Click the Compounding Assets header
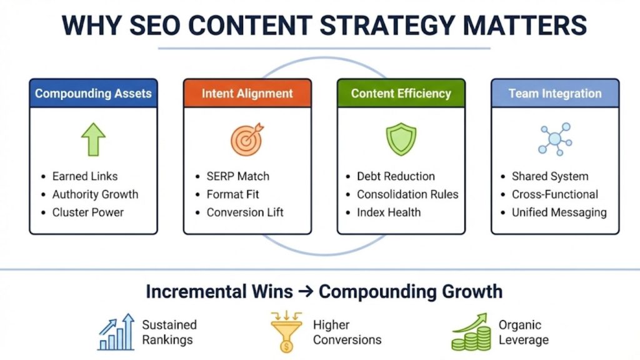[93, 94]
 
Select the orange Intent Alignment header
[247, 94]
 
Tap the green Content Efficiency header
[401, 94]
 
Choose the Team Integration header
[555, 94]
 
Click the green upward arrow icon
[93, 139]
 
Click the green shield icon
[401, 139]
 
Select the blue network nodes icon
[555, 139]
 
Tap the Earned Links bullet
[84, 176]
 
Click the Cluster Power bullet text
[87, 212]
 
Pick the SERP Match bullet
[238, 176]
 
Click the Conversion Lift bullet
[245, 212]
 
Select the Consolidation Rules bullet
[407, 194]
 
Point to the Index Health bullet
[389, 212]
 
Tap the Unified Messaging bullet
[559, 212]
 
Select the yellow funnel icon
[286, 332]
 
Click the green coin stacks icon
[471, 333]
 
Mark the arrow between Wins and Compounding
[306, 292]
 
